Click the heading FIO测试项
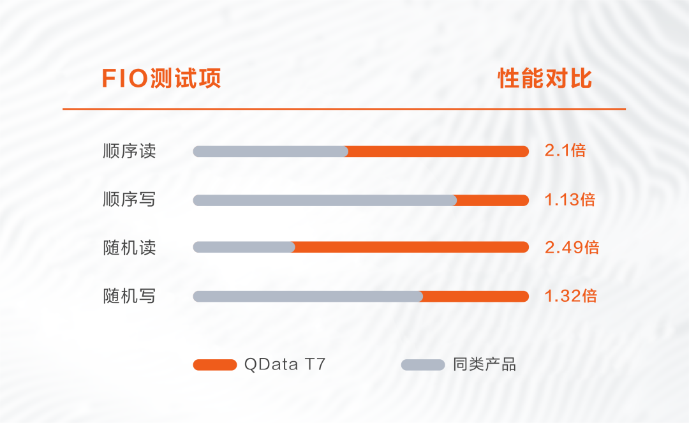click(x=161, y=79)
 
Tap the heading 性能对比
click(x=545, y=79)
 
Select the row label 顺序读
click(x=130, y=151)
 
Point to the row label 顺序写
click(x=130, y=200)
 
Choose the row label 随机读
click(x=130, y=248)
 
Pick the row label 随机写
click(x=130, y=296)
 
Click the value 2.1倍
click(x=565, y=151)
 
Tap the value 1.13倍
click(x=570, y=200)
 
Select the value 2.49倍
click(x=572, y=248)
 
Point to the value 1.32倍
click(x=571, y=296)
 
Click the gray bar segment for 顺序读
click(x=270, y=151)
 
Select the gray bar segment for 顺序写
click(x=325, y=200)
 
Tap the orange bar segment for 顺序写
click(x=493, y=200)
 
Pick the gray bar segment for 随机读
click(x=244, y=248)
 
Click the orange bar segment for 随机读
click(x=412, y=248)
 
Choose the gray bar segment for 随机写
click(x=307, y=296)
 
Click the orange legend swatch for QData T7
click(x=215, y=365)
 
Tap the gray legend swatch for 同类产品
click(x=423, y=365)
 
